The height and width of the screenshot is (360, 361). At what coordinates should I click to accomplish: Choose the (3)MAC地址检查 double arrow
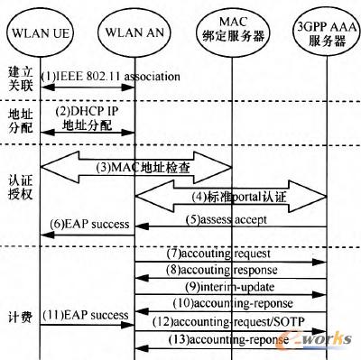click(135, 165)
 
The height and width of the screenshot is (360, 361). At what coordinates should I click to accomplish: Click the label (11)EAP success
click(88, 315)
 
